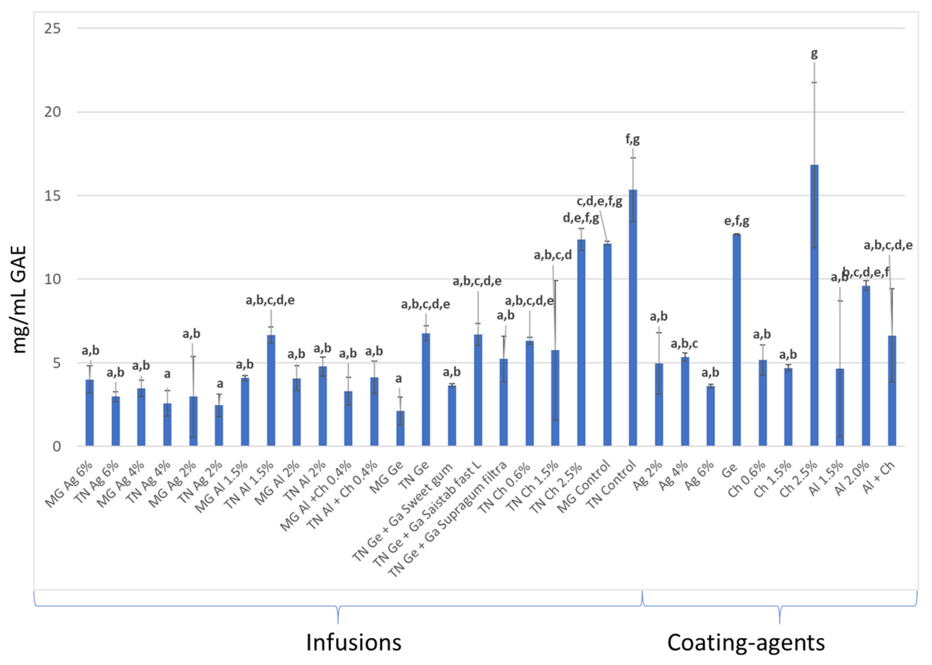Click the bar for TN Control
[633, 319]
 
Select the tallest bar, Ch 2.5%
[814, 307]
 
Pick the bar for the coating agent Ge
[737, 340]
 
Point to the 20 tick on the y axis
[52, 112]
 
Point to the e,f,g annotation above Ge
[737, 221]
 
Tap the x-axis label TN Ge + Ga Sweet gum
[403, 512]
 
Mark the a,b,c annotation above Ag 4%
[684, 344]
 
